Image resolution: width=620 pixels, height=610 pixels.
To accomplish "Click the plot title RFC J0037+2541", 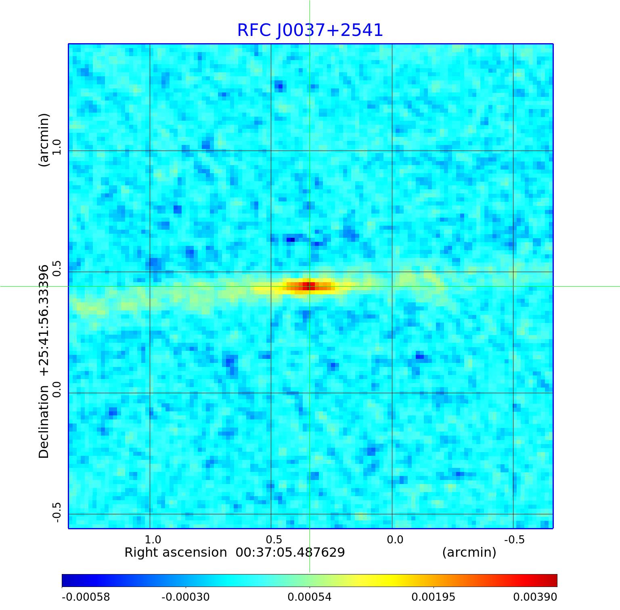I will click(310, 30).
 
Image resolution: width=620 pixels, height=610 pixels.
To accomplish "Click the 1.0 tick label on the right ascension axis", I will click(153, 539).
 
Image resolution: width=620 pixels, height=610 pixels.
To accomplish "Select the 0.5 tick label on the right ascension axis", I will click(274, 539).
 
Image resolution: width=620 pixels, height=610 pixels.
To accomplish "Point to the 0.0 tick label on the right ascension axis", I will click(395, 539).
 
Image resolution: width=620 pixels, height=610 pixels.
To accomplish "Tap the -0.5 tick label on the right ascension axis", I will click(514, 539).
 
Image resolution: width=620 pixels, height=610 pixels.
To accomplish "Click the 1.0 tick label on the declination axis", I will click(56, 147).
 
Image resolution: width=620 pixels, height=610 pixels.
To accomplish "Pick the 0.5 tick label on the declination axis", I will click(56, 268).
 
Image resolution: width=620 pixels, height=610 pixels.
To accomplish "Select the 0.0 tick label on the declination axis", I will click(56, 390).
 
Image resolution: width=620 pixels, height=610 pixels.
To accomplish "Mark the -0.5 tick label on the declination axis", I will click(56, 512).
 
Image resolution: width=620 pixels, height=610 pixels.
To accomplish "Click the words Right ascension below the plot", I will click(176, 552).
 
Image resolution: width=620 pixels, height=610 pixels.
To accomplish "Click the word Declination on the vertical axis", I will click(44, 421).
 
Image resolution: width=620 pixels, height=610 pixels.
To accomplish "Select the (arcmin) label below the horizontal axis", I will click(469, 552).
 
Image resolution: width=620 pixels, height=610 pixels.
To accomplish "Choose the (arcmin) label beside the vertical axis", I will click(44, 140).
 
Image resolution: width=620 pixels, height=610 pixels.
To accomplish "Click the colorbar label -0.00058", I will click(86, 597).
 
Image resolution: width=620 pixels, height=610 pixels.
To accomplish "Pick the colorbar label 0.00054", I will click(309, 597).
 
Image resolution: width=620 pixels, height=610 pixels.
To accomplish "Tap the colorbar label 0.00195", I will click(433, 597).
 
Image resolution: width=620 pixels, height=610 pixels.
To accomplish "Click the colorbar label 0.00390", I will click(535, 597).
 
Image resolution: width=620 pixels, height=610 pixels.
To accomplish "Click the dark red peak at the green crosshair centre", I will click(309, 286).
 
